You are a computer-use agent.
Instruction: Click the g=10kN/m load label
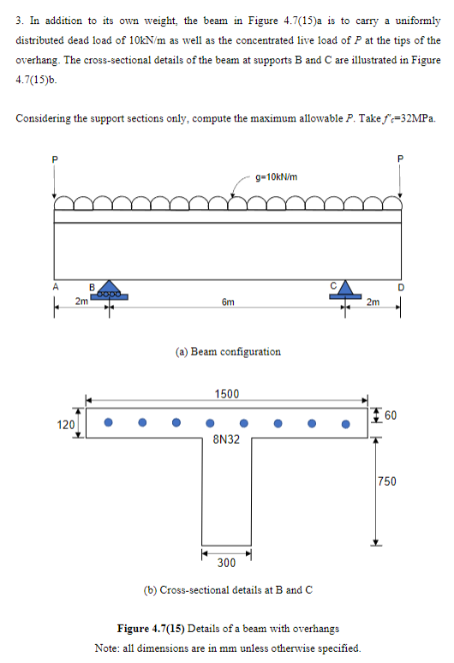(276, 176)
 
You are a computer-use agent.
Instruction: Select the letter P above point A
(54, 159)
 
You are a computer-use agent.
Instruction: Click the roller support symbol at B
(109, 290)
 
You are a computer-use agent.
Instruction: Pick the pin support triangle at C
(344, 290)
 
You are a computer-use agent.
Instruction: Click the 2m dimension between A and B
(80, 301)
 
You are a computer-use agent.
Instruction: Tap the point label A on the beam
(55, 288)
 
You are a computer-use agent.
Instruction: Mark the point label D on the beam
(399, 288)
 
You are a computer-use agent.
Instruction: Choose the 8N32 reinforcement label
(226, 439)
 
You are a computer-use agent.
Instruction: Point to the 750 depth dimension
(387, 482)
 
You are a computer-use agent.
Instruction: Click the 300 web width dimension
(226, 563)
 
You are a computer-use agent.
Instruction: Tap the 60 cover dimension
(391, 415)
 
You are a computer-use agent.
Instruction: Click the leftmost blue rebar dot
(109, 422)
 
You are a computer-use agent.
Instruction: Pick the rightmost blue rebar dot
(345, 422)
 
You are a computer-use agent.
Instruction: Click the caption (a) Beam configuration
(228, 351)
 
